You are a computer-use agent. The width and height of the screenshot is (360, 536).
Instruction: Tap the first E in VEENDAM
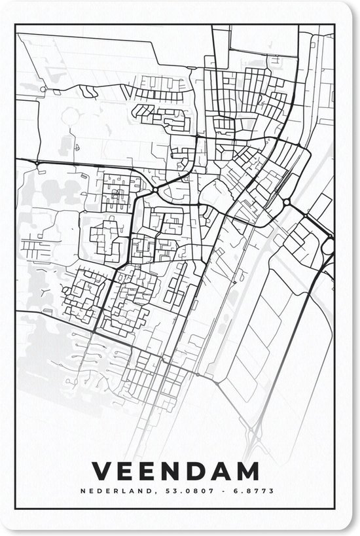(130, 471)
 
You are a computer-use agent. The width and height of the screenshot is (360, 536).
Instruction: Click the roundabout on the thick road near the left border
(39, 162)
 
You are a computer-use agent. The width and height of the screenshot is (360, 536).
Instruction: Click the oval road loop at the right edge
(328, 247)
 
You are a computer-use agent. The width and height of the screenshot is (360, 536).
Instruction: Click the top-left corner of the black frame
(16, 25)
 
